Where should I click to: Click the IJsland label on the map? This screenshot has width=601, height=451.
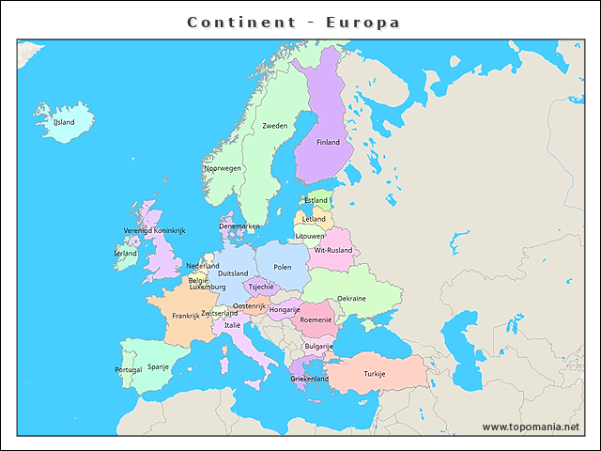pyautogui.click(x=64, y=122)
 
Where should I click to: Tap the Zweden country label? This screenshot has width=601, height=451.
pyautogui.click(x=275, y=126)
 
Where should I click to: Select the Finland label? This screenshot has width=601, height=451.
pyautogui.click(x=328, y=143)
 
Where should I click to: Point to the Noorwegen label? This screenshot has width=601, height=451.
pyautogui.click(x=223, y=169)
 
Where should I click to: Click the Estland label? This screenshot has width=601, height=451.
pyautogui.click(x=316, y=200)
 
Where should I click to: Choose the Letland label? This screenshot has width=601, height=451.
pyautogui.click(x=314, y=219)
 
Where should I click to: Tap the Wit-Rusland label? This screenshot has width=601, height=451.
pyautogui.click(x=333, y=251)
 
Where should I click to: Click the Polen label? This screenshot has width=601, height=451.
pyautogui.click(x=283, y=268)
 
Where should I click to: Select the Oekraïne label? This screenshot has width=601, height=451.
pyautogui.click(x=351, y=298)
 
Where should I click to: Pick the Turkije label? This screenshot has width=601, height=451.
pyautogui.click(x=375, y=374)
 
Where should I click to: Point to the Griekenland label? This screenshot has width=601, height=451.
pyautogui.click(x=310, y=379)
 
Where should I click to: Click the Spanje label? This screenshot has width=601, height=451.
pyautogui.click(x=158, y=367)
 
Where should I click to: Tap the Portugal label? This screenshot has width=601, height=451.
pyautogui.click(x=129, y=370)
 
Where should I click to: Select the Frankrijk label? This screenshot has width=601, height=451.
pyautogui.click(x=186, y=317)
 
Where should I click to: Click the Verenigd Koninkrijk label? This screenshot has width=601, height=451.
pyautogui.click(x=155, y=230)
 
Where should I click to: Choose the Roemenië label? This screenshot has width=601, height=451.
pyautogui.click(x=316, y=320)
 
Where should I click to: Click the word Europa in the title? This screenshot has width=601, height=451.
pyautogui.click(x=362, y=22)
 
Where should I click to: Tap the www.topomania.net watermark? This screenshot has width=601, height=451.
pyautogui.click(x=531, y=428)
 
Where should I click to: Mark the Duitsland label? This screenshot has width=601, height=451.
pyautogui.click(x=233, y=274)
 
